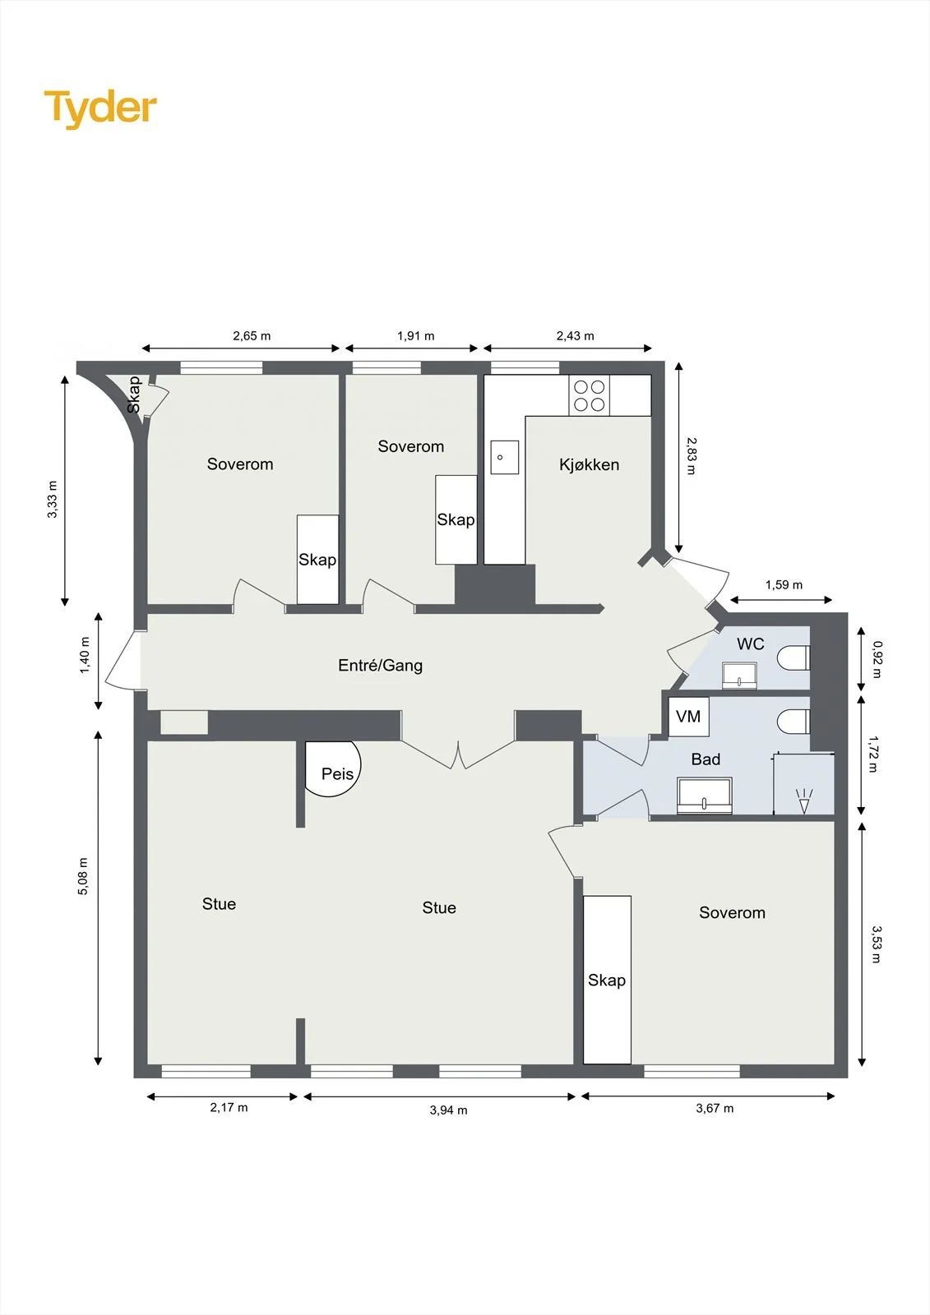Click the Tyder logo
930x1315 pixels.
(x=100, y=109)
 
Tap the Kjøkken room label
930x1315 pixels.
(x=589, y=465)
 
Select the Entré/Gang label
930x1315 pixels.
(x=380, y=665)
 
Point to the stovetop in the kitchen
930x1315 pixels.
(x=590, y=395)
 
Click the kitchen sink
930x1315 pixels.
(x=505, y=457)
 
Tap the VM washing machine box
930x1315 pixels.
(x=688, y=716)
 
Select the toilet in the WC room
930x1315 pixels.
(x=794, y=657)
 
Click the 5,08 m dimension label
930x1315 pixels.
(x=83, y=876)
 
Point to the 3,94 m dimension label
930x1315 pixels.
(x=448, y=1110)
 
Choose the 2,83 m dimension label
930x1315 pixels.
(x=691, y=455)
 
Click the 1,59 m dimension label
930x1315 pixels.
(x=784, y=584)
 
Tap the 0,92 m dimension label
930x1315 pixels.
(x=877, y=660)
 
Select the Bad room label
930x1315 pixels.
(x=706, y=759)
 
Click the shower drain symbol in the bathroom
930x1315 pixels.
(x=804, y=801)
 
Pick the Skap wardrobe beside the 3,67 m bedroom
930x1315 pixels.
(x=607, y=980)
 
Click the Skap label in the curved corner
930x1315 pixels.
(x=135, y=394)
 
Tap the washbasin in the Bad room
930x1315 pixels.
(x=705, y=796)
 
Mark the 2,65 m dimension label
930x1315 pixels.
(x=252, y=336)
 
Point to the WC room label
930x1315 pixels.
(x=751, y=644)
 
